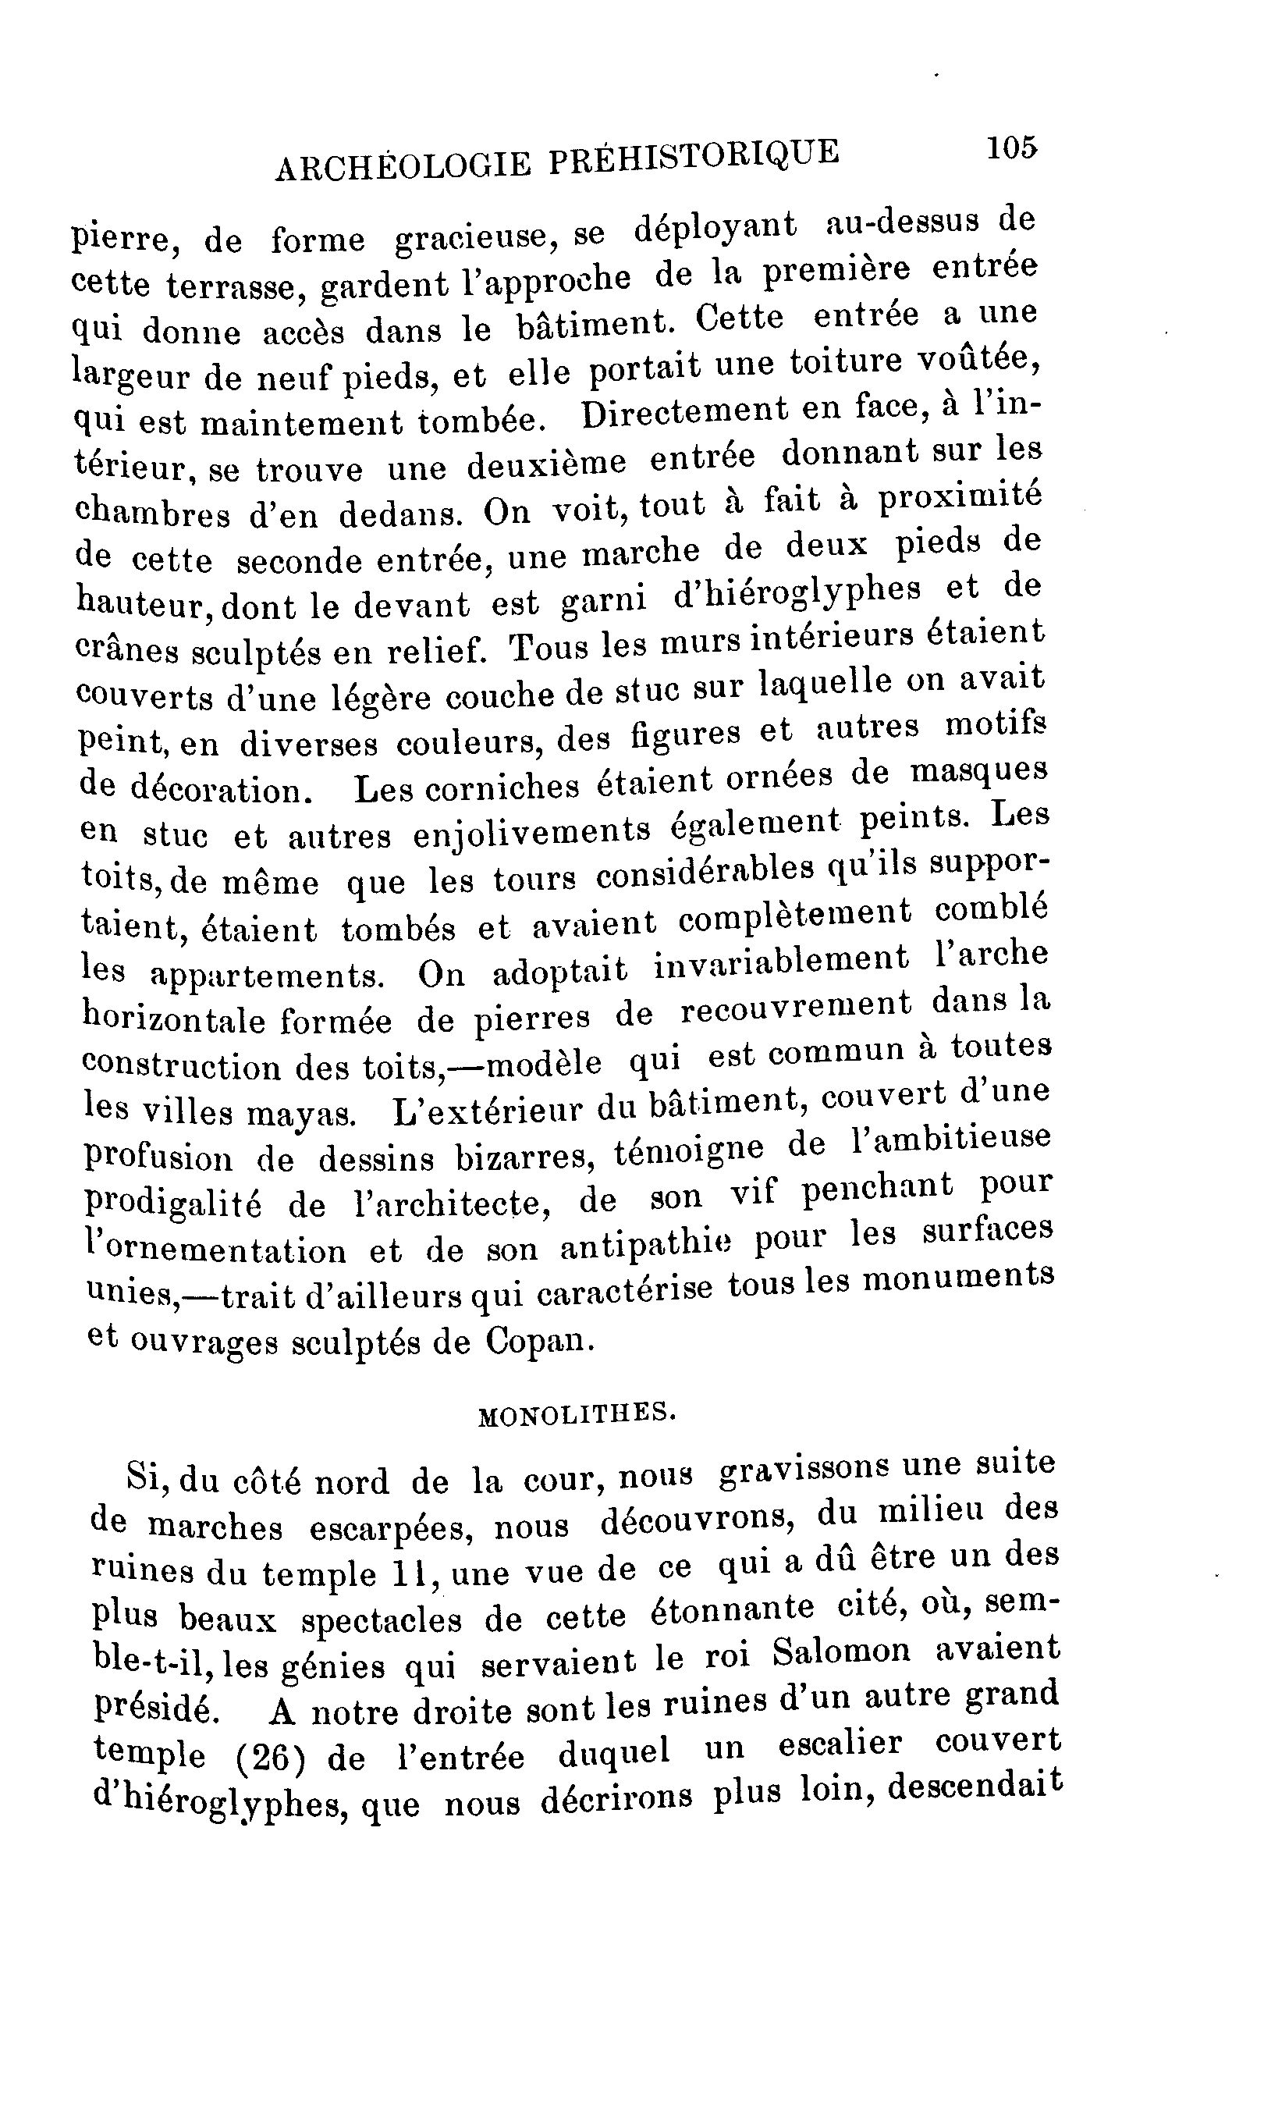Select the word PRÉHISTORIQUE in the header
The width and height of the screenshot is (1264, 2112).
[x=694, y=156]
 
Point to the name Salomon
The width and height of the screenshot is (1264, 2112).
[x=843, y=1653]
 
